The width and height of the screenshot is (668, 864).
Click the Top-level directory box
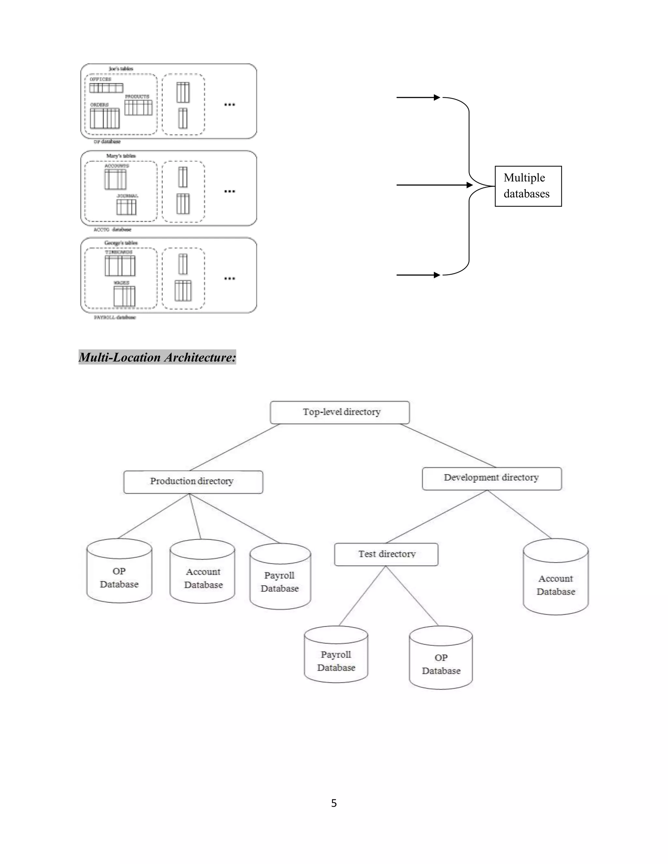(x=340, y=412)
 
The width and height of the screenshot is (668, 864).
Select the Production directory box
(x=193, y=482)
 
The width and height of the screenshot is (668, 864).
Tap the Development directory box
(x=491, y=478)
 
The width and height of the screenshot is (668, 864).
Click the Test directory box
(x=386, y=554)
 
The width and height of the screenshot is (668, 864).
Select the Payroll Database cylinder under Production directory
(x=280, y=582)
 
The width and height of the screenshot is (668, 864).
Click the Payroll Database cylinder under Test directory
(x=336, y=661)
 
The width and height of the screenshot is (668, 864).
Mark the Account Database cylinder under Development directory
(x=555, y=585)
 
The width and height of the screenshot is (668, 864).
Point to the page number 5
(x=334, y=803)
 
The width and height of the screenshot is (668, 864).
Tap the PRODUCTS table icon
(x=139, y=107)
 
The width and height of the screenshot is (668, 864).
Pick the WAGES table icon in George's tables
(x=124, y=296)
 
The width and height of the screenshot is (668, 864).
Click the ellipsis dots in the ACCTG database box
(x=230, y=191)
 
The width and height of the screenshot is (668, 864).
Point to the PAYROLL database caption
(x=114, y=317)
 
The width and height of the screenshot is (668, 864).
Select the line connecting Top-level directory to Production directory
(x=234, y=447)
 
